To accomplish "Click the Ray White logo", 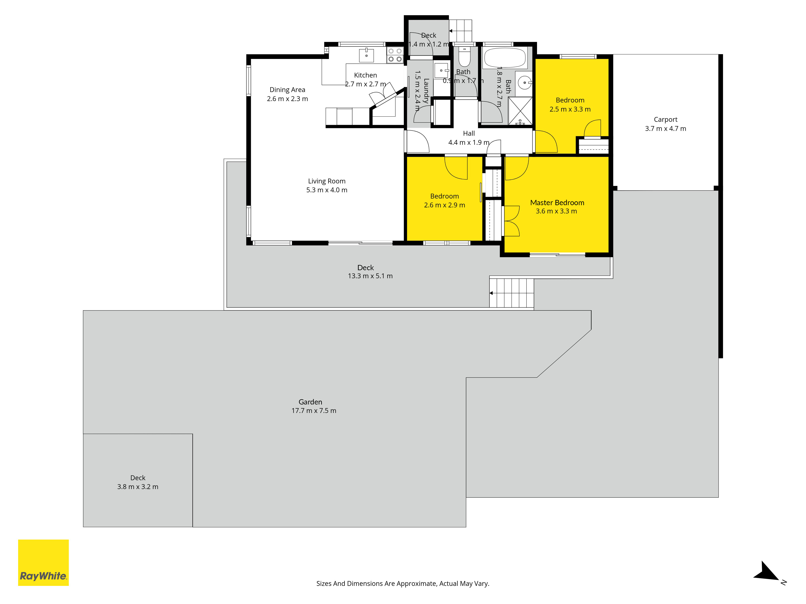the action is (x=43, y=563).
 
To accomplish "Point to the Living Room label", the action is (x=326, y=181).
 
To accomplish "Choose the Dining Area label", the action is (x=287, y=90).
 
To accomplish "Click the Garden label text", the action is (x=311, y=402).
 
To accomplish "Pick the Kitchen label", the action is (x=366, y=75).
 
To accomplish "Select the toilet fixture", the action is (x=464, y=56).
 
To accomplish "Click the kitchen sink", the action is (x=366, y=55).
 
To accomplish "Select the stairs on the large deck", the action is (x=512, y=293).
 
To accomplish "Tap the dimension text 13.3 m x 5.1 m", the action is (x=370, y=276).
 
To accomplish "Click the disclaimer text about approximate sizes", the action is (x=403, y=584).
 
